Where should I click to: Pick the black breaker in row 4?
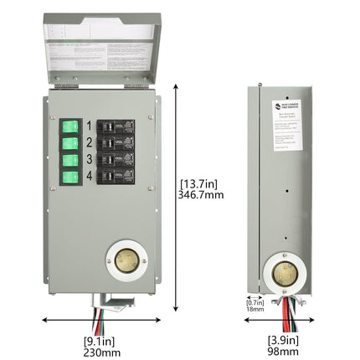(115, 175)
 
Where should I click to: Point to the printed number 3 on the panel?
(88, 159)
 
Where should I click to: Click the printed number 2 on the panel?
(88, 142)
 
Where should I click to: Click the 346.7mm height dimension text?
(202, 193)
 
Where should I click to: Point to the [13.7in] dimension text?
(202, 181)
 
